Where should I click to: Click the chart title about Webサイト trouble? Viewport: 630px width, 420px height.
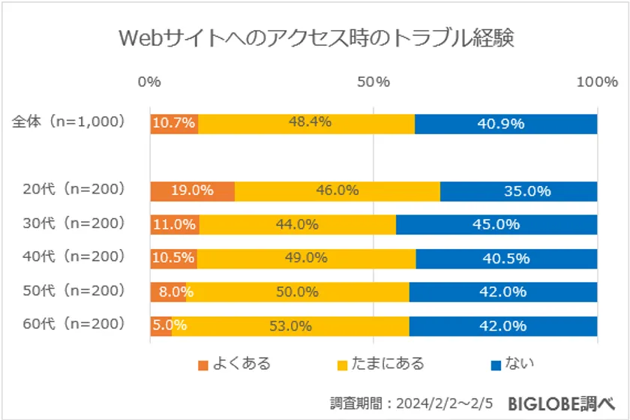click(x=315, y=37)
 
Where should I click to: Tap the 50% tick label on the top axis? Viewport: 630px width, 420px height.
click(x=373, y=82)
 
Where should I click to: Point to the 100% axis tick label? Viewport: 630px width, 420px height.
click(x=596, y=82)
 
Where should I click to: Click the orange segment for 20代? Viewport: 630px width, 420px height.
click(x=192, y=190)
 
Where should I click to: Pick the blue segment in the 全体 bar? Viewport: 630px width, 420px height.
click(x=505, y=123)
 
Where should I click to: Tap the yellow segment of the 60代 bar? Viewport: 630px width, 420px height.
click(x=291, y=325)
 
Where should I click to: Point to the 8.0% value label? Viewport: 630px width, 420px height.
click(x=167, y=292)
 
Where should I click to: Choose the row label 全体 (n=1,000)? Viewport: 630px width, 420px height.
click(x=68, y=121)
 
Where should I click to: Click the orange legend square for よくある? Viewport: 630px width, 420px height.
click(x=202, y=365)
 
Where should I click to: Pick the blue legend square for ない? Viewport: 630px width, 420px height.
click(x=495, y=365)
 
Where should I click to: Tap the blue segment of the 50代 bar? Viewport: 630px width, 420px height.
click(x=502, y=292)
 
